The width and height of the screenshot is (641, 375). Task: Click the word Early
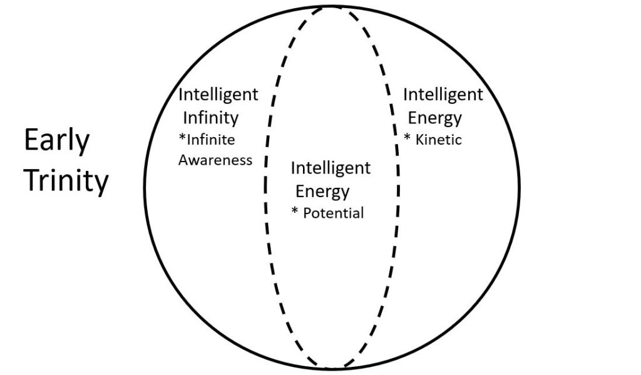coord(57,142)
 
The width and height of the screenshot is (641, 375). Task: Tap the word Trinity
coord(66,181)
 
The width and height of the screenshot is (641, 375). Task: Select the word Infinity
coord(210,118)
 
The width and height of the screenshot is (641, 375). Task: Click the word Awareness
coord(215,160)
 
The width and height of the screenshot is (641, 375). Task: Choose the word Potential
coord(333,213)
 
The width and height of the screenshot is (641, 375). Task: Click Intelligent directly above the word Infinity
coord(218,95)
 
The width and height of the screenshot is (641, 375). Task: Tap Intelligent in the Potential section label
coord(331,168)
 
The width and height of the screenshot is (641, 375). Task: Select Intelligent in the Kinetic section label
coord(443,95)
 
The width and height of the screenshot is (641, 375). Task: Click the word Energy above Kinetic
coord(435,118)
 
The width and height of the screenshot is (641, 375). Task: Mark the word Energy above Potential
coord(322,191)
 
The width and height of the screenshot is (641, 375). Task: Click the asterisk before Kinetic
coord(408,138)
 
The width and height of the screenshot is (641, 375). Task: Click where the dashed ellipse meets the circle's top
coord(332,6)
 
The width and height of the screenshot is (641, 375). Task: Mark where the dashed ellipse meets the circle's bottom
coord(332,367)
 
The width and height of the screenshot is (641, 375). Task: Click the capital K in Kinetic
coord(419,140)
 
